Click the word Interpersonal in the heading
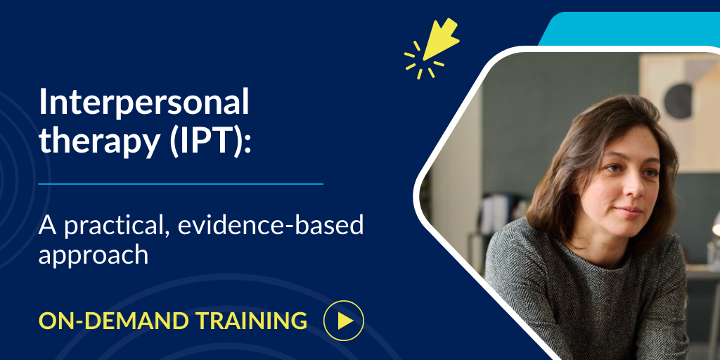(x=144, y=104)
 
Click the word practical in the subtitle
(x=106, y=226)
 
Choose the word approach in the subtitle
(x=94, y=255)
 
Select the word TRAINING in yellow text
(x=249, y=321)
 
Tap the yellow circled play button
(x=343, y=321)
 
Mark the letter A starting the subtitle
(x=46, y=226)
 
